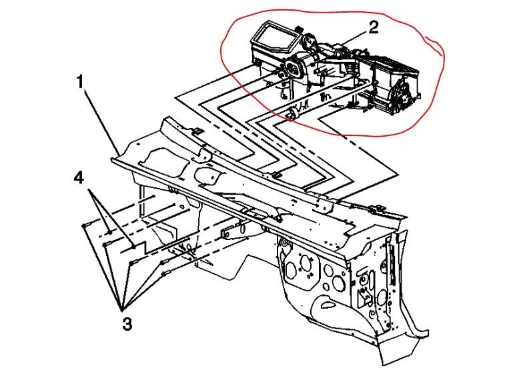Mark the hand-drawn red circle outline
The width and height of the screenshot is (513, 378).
437,47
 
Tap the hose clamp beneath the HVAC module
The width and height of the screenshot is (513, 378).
291,115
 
